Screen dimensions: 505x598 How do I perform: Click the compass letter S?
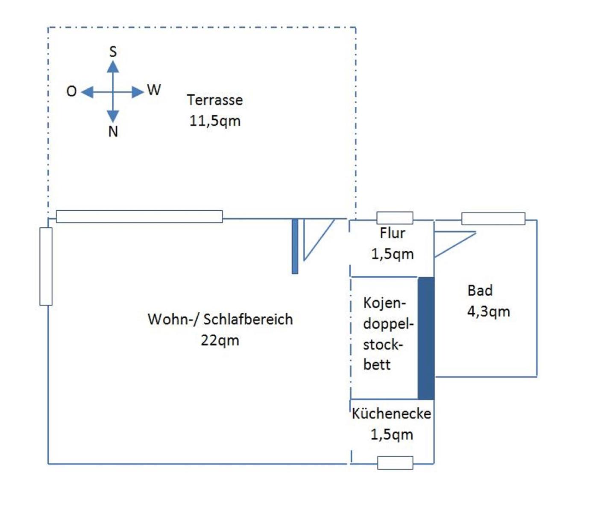[113, 52]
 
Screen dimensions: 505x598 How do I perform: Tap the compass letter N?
[113, 131]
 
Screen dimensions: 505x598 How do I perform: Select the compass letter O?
[71, 91]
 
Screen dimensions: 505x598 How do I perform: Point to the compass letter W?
[154, 90]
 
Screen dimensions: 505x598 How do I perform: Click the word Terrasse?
[215, 100]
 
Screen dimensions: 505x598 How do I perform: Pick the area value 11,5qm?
[215, 121]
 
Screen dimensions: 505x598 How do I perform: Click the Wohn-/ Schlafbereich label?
[220, 319]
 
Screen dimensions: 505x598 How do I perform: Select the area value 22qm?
[220, 341]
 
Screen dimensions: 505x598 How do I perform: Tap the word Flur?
[392, 233]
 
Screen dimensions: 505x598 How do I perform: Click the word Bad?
[480, 291]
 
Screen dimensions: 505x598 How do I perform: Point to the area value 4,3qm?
[488, 311]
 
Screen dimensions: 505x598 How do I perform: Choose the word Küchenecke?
[391, 414]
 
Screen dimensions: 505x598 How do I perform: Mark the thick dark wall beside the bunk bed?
[426, 338]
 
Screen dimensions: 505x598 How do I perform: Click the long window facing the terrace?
[139, 217]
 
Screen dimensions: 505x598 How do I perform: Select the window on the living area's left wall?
[46, 267]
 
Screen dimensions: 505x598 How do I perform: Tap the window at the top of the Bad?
[493, 218]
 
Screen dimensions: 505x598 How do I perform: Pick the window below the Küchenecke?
[395, 463]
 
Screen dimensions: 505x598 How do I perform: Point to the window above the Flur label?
[395, 218]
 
